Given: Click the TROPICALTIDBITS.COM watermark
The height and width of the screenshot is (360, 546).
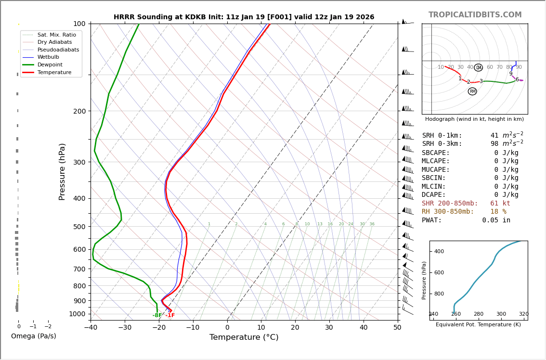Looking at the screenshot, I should (x=475, y=15).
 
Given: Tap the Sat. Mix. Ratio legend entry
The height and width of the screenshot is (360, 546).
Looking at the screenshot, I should (x=56, y=35).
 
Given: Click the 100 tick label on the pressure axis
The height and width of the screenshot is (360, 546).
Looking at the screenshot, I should (x=79, y=24).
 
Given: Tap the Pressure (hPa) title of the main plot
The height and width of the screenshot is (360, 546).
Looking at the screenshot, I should (x=62, y=171).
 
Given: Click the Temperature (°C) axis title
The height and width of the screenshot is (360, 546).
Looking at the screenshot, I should (x=244, y=337).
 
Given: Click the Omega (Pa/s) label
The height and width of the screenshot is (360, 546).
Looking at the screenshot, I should (x=33, y=336).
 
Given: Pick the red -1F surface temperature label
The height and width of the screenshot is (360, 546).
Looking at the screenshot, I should (x=170, y=316).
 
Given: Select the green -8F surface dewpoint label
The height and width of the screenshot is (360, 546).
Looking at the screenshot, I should (x=157, y=316).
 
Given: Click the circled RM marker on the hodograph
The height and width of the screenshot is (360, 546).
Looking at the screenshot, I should (x=472, y=91).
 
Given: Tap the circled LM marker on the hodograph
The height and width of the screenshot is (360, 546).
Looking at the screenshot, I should (x=478, y=68).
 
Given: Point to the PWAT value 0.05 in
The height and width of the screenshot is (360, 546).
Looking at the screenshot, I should (x=496, y=220).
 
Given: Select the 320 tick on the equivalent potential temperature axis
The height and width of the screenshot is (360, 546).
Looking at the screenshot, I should (x=523, y=314).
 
